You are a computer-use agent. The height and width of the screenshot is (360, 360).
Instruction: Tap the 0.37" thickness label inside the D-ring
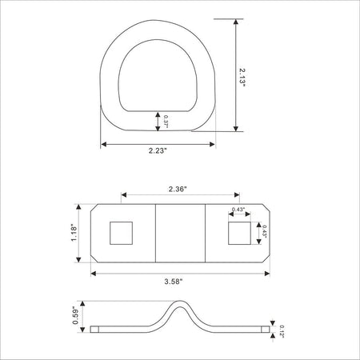click(x=166, y=122)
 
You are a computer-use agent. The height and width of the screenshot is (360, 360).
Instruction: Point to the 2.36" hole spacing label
click(x=179, y=190)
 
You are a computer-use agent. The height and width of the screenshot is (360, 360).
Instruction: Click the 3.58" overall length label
click(x=172, y=282)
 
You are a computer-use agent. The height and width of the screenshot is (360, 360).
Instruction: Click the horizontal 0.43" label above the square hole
click(x=238, y=210)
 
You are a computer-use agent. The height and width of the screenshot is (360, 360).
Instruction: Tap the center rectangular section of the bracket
click(x=180, y=233)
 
